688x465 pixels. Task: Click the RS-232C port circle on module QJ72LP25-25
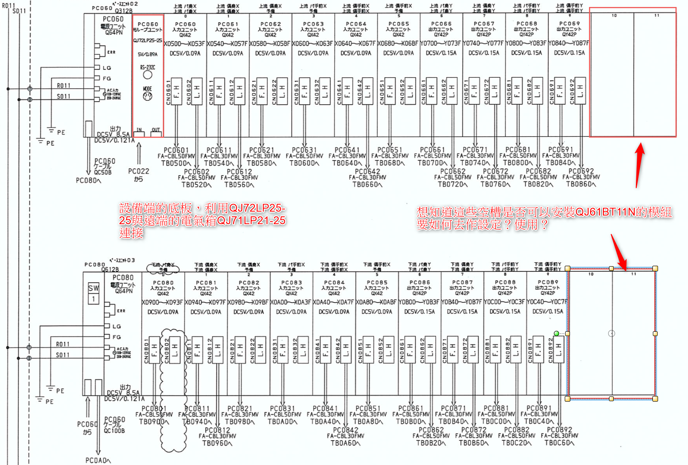pyautogui.click(x=148, y=75)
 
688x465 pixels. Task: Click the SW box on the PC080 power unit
pyautogui.click(x=93, y=288)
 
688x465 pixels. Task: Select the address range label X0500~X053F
pyautogui.click(x=184, y=43)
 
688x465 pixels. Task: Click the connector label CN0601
pyautogui.click(x=168, y=92)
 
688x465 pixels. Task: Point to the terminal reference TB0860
pyautogui.click(x=581, y=184)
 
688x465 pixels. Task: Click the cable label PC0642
pyautogui.click(x=367, y=171)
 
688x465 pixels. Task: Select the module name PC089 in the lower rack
pyautogui.click(x=548, y=282)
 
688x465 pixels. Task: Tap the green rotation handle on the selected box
pyautogui.click(x=556, y=333)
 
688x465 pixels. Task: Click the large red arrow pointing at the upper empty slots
pyautogui.click(x=639, y=165)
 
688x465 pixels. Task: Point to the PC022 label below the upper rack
pyautogui.click(x=138, y=171)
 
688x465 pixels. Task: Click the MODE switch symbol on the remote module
pyautogui.click(x=148, y=96)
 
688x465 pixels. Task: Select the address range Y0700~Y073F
pyautogui.click(x=441, y=43)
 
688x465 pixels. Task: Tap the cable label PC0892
pyautogui.click(x=559, y=430)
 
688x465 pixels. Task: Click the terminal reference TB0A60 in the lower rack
pyautogui.click(x=345, y=443)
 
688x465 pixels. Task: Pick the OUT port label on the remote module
pyautogui.click(x=156, y=130)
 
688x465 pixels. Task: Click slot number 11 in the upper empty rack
pyautogui.click(x=657, y=16)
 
